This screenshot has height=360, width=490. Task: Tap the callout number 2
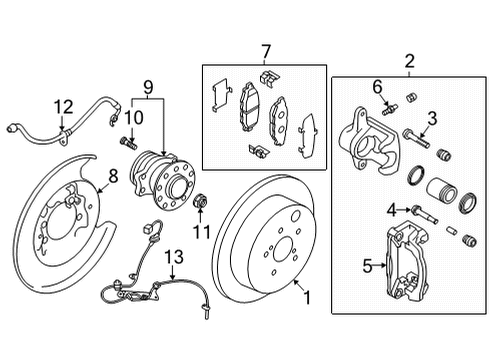point(408,62)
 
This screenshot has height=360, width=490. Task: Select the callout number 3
point(433,119)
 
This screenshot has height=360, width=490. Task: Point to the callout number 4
point(391,210)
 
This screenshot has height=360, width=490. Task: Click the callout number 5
point(366,266)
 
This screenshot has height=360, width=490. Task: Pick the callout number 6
point(379,87)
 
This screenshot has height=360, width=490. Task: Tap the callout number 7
point(266,51)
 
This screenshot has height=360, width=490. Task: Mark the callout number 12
point(65,105)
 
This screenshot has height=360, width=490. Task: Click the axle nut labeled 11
point(198,205)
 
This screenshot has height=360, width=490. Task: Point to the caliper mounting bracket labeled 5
point(404,265)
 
